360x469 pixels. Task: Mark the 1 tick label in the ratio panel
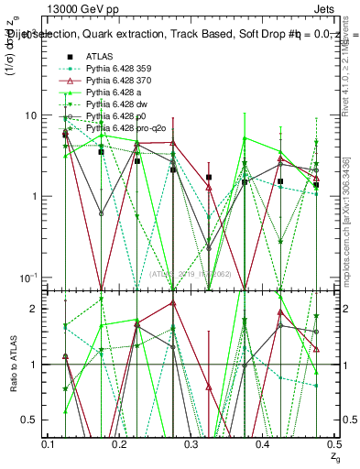pyautogui.click(x=35, y=365)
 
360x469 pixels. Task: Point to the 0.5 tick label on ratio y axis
pyautogui.click(x=29, y=420)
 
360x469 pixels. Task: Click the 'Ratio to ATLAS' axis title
pyautogui.click(x=12, y=364)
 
